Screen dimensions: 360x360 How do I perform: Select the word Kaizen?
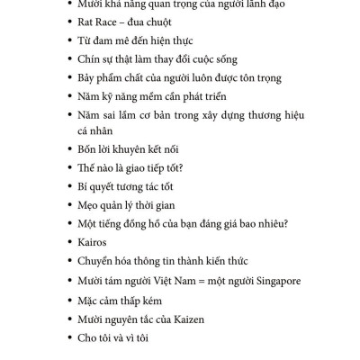point(194,319)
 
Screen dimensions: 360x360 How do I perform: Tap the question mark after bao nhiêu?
point(285,223)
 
